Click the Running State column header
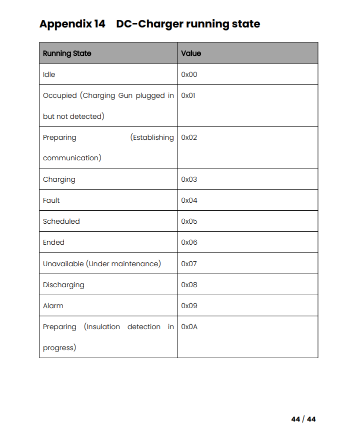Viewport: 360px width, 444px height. (x=67, y=53)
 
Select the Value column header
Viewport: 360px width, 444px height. (x=191, y=53)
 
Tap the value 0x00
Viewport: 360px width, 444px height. (x=189, y=74)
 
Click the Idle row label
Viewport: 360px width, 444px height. (x=49, y=74)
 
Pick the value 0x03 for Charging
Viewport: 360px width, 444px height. (x=189, y=179)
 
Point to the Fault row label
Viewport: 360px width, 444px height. (x=51, y=200)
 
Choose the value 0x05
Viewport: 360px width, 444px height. (x=189, y=221)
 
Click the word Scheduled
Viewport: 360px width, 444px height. (x=61, y=221)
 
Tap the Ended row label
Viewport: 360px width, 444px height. (x=53, y=242)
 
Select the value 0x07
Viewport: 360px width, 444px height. (x=189, y=264)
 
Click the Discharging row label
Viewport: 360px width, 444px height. (x=63, y=285)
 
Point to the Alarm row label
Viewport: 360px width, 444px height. (x=53, y=306)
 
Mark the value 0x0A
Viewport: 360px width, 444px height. (x=189, y=327)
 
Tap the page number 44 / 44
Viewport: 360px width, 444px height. (x=303, y=419)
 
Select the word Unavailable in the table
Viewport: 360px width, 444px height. (x=63, y=264)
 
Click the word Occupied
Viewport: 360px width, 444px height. (x=60, y=95)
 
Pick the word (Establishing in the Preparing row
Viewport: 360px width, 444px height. (x=152, y=137)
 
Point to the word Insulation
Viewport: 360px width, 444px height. (x=102, y=327)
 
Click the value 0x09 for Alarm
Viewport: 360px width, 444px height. (x=189, y=306)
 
